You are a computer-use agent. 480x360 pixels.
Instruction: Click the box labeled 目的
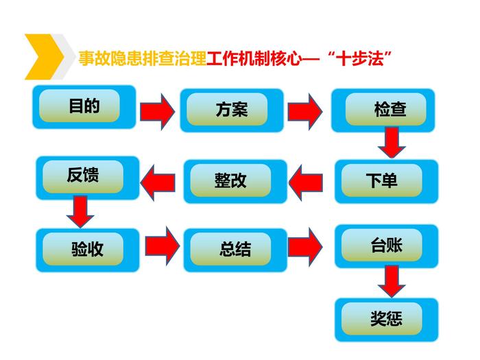pos(84,107)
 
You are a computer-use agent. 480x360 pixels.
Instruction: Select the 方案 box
pos(231,110)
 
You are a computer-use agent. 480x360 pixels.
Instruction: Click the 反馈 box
pos(84,176)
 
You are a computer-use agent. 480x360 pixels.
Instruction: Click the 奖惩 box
pos(385,319)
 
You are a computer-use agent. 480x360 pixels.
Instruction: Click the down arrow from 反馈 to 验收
pos(81,211)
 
